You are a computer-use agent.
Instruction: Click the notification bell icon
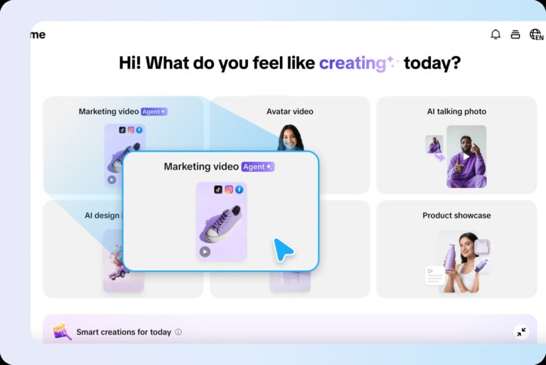(496, 34)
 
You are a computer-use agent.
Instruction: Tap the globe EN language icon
(536, 34)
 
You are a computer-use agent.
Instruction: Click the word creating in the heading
(352, 63)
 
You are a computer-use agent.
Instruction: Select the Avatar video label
(289, 112)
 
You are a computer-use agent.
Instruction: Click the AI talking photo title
(456, 112)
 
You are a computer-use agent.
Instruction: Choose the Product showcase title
(456, 216)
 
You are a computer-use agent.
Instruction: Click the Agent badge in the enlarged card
(257, 166)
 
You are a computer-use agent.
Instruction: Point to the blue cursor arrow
(283, 249)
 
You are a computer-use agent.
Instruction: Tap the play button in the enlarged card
(205, 251)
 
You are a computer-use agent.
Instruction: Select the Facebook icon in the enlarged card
(240, 189)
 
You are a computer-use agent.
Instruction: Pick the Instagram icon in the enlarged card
(229, 189)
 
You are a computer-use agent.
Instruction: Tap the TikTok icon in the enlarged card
(218, 189)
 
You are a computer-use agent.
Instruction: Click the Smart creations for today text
(124, 332)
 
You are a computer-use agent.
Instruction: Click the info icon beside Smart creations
(178, 332)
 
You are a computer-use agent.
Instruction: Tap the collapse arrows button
(521, 332)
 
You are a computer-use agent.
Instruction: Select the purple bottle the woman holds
(450, 258)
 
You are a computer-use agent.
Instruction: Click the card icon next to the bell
(515, 34)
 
